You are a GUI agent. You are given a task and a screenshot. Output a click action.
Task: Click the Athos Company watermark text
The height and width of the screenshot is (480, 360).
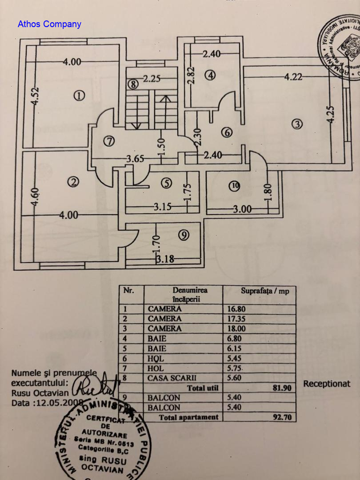49,24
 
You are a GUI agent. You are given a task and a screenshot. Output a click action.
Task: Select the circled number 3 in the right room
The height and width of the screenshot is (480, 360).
296,124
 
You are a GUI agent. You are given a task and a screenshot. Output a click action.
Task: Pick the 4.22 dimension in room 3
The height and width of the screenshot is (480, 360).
293,77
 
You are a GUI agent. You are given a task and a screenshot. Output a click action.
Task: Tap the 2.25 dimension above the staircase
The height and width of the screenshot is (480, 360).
152,79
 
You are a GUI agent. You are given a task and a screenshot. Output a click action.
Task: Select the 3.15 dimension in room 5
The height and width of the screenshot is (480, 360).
163,207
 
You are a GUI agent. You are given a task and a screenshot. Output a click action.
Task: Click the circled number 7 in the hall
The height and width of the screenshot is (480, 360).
109,141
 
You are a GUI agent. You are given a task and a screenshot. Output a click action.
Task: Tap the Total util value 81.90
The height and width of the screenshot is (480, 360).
282,388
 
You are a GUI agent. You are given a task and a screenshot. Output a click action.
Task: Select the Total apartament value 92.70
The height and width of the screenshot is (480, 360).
282,417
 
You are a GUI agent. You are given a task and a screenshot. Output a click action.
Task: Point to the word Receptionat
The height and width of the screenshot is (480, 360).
327,384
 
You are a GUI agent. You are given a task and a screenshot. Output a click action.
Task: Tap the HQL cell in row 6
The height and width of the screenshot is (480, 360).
156,359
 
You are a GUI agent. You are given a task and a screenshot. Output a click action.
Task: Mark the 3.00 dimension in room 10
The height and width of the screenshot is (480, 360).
242,209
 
